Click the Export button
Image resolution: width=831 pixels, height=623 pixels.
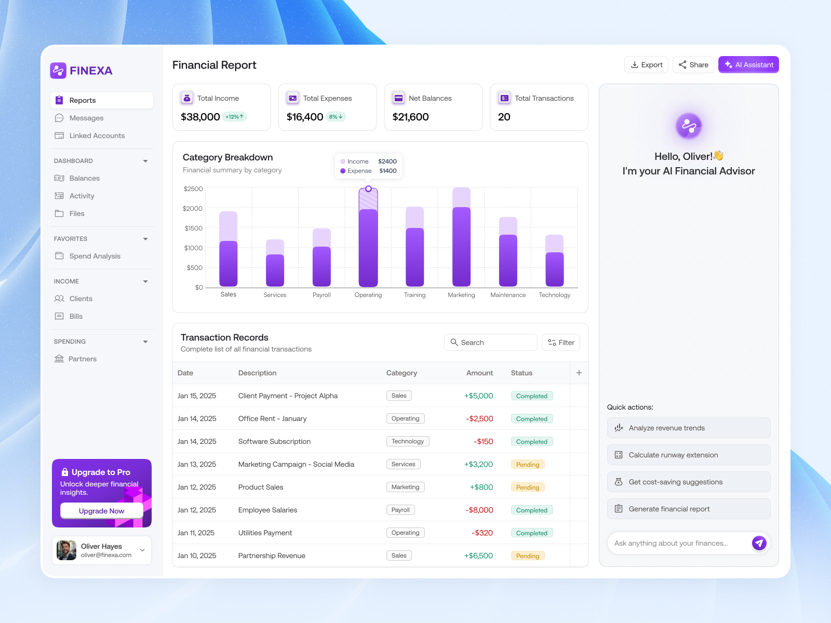(646, 65)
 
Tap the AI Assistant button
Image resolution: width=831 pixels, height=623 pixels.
(748, 65)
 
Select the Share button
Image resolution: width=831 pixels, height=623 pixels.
(693, 65)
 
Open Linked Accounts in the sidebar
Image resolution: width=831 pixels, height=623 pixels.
(97, 136)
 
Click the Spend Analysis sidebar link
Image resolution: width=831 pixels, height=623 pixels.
(95, 256)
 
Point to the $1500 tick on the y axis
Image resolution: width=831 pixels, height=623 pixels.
(193, 228)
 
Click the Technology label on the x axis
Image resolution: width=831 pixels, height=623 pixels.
(554, 295)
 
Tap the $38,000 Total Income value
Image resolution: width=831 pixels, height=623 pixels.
(200, 117)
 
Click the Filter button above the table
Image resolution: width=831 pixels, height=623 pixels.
(561, 343)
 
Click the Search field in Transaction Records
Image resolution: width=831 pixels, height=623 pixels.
(490, 343)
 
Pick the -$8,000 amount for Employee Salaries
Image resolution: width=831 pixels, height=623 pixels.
(479, 510)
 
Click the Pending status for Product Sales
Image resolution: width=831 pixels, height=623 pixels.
(528, 487)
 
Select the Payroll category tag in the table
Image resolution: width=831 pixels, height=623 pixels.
(400, 510)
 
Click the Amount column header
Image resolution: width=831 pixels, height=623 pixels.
(479, 373)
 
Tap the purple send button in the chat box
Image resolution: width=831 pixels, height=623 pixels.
(759, 543)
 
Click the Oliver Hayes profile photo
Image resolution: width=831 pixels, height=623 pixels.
(66, 550)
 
